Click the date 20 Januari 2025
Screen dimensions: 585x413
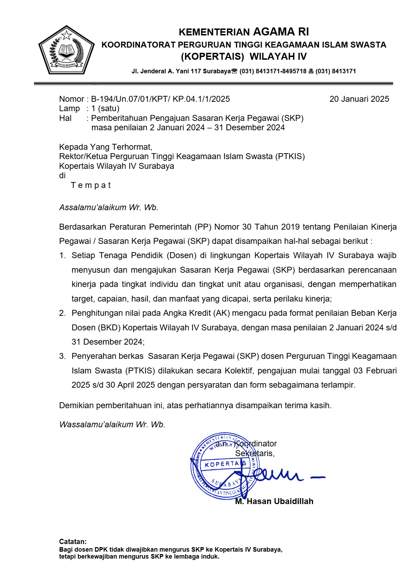pos(359,99)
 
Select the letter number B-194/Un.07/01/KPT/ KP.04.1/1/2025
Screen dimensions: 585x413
pos(160,99)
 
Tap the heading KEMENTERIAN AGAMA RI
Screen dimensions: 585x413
pos(244,32)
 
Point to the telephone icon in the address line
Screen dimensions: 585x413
pos(234,71)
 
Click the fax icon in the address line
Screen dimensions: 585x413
pos(311,71)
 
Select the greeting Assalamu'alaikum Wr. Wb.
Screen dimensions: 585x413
pos(109,207)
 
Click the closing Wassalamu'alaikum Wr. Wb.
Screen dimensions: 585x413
pos(112,424)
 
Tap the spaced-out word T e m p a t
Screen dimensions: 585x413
pos(91,185)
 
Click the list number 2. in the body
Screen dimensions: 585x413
pos(62,313)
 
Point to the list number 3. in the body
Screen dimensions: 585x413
pos(62,356)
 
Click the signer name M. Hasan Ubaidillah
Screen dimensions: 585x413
pos(274,501)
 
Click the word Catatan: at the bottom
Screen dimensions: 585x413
pos(73,542)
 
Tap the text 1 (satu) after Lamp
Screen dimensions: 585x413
pos(105,108)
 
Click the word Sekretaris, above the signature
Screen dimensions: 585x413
pos(255,453)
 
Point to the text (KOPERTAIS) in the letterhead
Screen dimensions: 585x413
pos(212,56)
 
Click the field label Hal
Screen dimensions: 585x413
pos(65,118)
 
